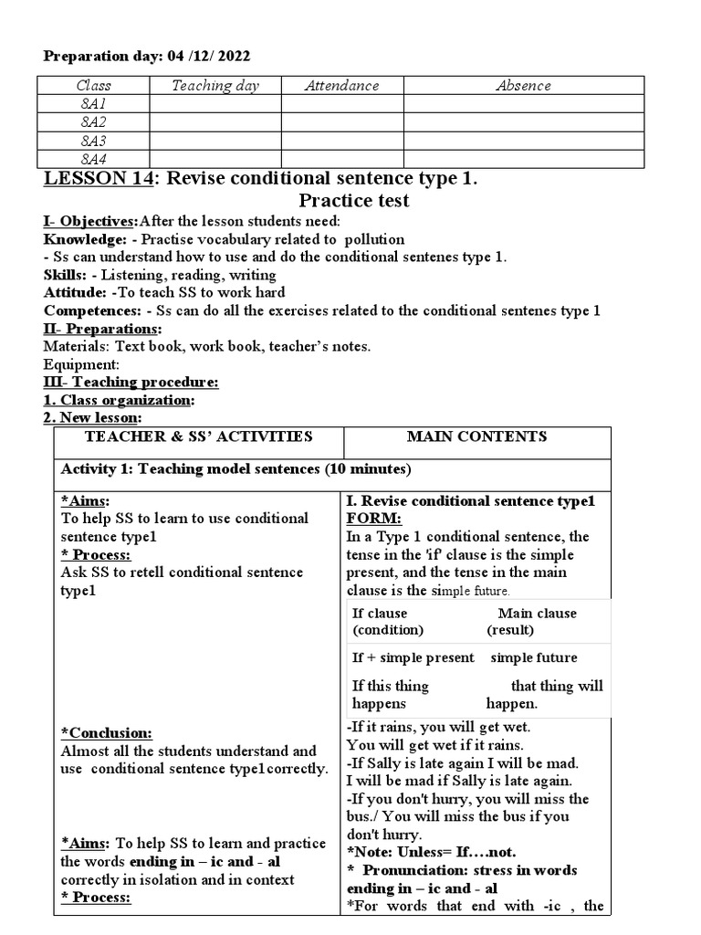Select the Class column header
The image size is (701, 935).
94,86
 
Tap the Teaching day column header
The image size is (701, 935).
215,86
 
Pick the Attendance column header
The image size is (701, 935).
341,86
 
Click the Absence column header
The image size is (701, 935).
523,86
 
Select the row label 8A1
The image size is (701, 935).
94,104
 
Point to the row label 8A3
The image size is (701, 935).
94,141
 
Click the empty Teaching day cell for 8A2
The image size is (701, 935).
215,122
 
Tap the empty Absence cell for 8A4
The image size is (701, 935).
523,160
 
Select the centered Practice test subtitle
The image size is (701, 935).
354,200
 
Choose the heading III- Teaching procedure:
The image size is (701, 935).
131,383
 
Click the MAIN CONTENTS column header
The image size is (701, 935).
476,436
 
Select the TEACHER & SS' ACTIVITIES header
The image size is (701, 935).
198,436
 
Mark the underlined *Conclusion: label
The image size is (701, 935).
106,733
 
